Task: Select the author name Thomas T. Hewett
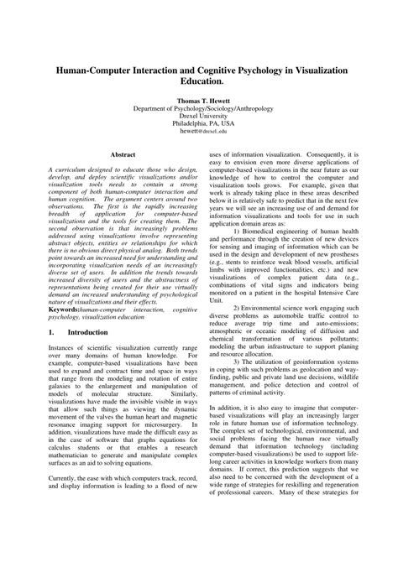coord(200,101)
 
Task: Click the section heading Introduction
coord(87,333)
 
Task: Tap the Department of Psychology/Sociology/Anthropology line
coord(200,108)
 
